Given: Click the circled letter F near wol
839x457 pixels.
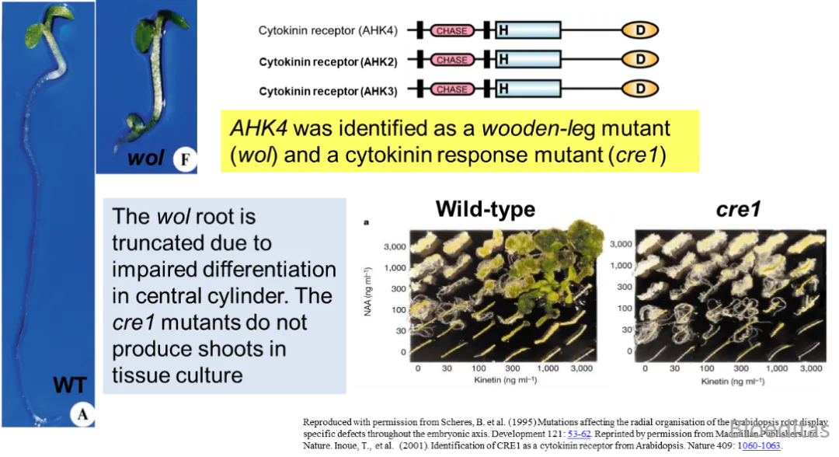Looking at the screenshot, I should tap(186, 161).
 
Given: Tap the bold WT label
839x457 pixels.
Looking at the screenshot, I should tap(70, 385).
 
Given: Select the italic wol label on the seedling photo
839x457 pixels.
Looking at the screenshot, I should tap(145, 159).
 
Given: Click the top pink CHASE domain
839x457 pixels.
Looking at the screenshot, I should tap(452, 31).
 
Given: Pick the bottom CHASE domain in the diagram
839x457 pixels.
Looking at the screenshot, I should tap(452, 89).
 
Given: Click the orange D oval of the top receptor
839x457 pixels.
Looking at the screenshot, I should tap(640, 31).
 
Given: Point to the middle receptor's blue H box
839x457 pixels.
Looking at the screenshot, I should tap(527, 60).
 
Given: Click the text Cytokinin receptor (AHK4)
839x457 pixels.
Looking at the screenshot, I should tap(328, 31).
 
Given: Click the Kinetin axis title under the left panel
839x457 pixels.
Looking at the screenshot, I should tap(505, 380).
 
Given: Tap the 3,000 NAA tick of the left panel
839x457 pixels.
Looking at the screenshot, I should tap(394, 247).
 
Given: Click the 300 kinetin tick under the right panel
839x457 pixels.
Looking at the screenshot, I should tap(740, 368).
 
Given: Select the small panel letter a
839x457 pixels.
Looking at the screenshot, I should tap(367, 222).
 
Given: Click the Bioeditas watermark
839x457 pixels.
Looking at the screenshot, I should tap(777, 429).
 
